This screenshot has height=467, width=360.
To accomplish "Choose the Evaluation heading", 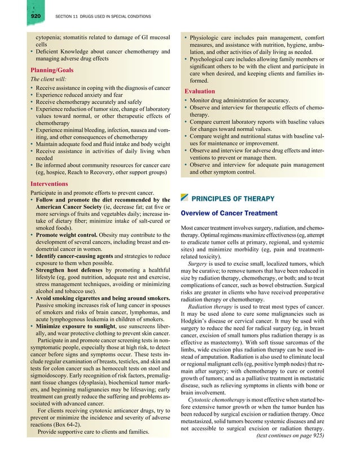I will pyautogui.click(x=200, y=91).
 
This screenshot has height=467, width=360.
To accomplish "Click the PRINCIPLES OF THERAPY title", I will pyautogui.click(x=233, y=199).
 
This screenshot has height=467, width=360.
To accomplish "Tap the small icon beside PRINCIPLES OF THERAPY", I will pyautogui.click(x=184, y=198).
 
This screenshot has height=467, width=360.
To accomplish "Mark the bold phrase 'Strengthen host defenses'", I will pyautogui.click(x=71, y=272).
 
